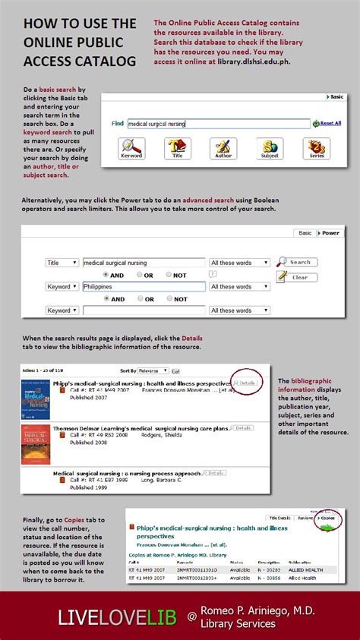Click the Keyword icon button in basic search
(131, 148)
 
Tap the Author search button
(223, 148)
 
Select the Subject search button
(270, 148)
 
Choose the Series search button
(316, 148)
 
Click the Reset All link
(329, 123)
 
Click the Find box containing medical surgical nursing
(218, 123)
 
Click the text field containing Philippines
(144, 287)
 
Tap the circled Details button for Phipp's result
(245, 383)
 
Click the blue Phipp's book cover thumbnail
(36, 399)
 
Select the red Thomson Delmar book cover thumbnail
(36, 444)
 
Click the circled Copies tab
(327, 518)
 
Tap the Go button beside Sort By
(175, 371)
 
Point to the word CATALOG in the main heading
(108, 61)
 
